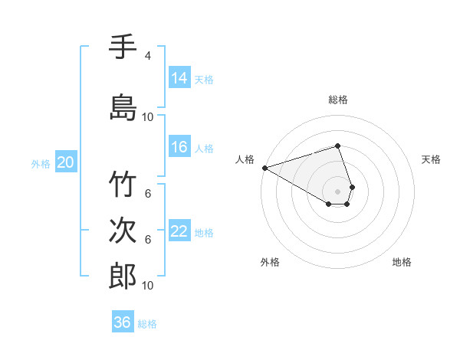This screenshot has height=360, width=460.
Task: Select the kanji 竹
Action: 123,186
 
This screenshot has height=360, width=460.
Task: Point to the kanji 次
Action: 123,231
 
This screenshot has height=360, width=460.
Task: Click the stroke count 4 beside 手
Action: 147,56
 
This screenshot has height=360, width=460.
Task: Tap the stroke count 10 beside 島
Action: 148,117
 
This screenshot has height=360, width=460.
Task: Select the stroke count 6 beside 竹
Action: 147,193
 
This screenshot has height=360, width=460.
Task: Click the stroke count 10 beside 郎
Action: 148,286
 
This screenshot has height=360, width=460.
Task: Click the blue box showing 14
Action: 179,77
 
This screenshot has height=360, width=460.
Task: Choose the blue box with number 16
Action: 179,147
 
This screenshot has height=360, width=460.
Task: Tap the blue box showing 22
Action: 179,231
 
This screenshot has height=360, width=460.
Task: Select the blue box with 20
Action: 66,162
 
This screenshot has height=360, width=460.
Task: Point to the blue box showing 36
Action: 123,322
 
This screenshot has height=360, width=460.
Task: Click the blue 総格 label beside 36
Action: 148,324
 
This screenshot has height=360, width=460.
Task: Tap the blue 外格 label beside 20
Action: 41,163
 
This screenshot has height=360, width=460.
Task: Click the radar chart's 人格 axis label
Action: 245,159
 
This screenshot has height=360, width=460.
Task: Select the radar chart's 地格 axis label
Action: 402,262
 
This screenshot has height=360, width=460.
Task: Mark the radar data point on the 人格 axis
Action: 264,168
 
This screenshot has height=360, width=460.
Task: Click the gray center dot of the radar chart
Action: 337,191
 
